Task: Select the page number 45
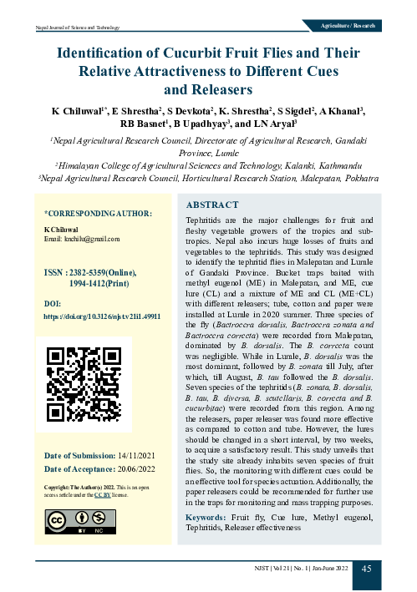tap(366, 568)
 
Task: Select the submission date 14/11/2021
tap(136, 455)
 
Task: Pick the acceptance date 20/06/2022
tap(136, 469)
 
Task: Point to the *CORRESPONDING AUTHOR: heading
tap(97, 214)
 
